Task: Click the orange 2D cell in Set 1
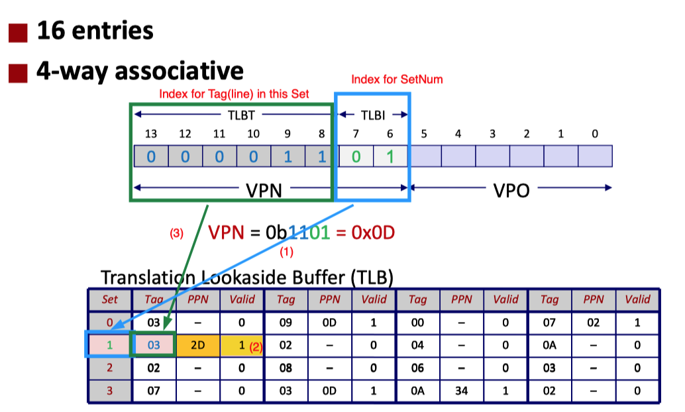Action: (x=197, y=345)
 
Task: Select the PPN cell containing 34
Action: (x=461, y=390)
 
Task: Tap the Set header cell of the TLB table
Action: (x=109, y=299)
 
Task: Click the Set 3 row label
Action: (x=109, y=390)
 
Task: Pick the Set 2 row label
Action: (x=109, y=368)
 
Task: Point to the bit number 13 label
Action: (x=151, y=134)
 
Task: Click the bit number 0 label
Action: (x=595, y=134)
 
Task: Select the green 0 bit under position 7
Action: (x=356, y=156)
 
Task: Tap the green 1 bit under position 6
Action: (x=390, y=156)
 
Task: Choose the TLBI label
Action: (x=373, y=114)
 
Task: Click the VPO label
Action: (x=511, y=191)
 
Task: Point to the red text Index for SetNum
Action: (x=397, y=79)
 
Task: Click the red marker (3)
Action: (x=177, y=233)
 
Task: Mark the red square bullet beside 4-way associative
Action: (x=18, y=72)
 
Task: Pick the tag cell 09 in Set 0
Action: (x=286, y=323)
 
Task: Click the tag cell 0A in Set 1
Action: (x=549, y=345)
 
